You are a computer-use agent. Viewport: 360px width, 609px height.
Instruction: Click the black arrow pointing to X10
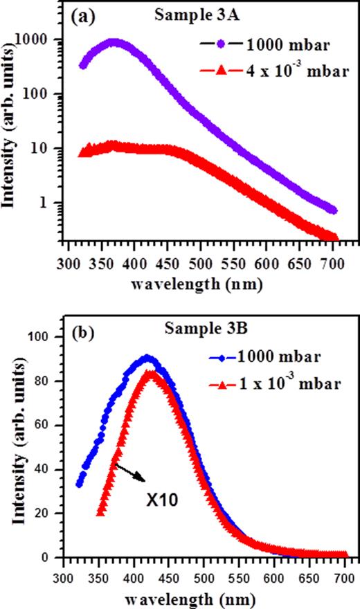[131, 473]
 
